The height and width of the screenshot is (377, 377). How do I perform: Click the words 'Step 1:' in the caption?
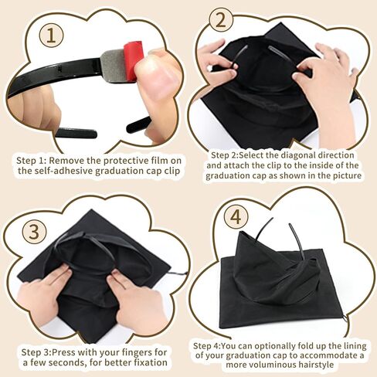(34, 160)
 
